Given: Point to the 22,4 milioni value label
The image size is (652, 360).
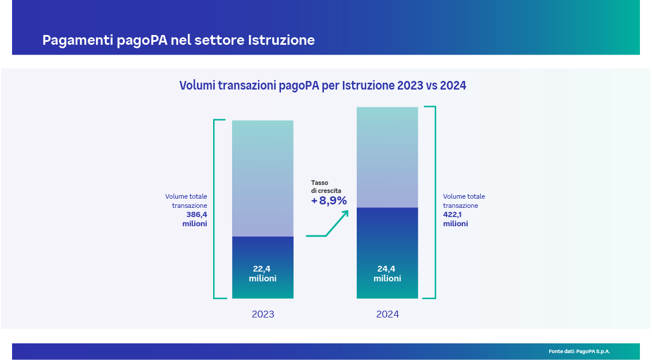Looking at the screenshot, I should [263, 273].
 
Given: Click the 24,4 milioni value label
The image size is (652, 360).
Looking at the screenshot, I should [387, 273].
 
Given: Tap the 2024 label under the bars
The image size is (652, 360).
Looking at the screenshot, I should [387, 315].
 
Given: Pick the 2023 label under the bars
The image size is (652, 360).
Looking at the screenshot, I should [263, 315].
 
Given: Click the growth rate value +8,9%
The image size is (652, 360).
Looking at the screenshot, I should [329, 200].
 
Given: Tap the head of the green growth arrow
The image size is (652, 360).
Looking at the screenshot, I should [346, 213].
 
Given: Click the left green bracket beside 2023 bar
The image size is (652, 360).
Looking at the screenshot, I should [215, 209].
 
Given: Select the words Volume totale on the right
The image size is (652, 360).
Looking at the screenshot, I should [464, 196].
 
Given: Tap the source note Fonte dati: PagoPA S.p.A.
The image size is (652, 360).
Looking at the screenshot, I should [579, 351].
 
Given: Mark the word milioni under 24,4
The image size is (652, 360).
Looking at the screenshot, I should [387, 278].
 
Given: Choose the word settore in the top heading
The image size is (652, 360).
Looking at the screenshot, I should [221, 40].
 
